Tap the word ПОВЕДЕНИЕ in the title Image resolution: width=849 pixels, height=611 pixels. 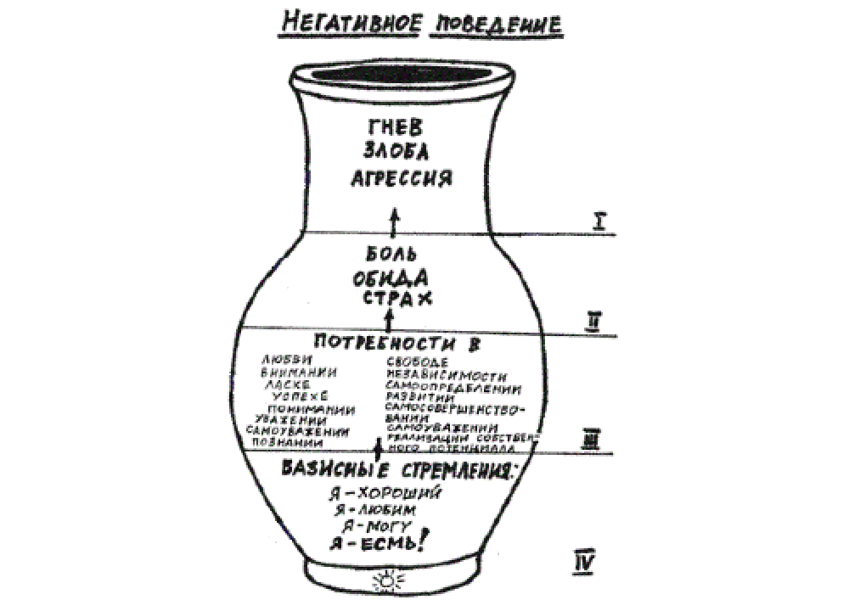(498, 23)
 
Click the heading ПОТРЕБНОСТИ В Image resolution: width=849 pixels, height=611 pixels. (392, 345)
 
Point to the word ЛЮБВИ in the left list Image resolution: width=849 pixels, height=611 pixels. (286, 360)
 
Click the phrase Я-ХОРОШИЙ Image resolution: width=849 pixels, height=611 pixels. (388, 493)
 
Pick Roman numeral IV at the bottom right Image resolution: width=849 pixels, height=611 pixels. (585, 560)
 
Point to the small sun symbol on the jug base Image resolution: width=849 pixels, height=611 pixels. (389, 582)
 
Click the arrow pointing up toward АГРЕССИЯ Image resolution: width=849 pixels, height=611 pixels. (392, 224)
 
